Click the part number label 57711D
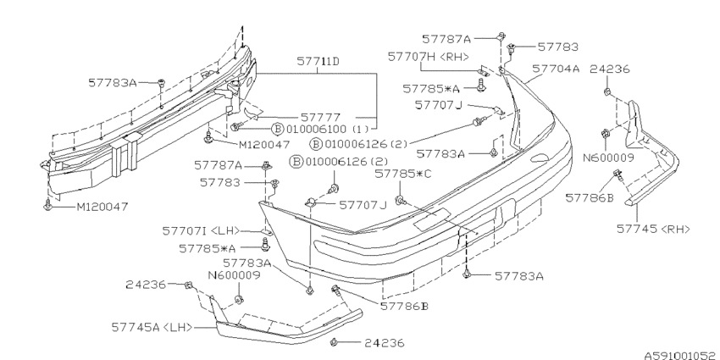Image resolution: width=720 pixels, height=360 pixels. (318, 61)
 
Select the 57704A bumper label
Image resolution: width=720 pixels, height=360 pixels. (556, 69)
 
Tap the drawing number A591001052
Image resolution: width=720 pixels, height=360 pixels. (682, 354)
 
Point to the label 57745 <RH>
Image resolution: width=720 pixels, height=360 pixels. (653, 228)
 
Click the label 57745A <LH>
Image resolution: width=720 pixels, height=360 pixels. (152, 328)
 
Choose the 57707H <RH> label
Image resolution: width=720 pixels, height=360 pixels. (429, 57)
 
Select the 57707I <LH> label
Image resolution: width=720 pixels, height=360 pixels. (201, 230)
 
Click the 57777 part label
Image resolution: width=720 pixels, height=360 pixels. (320, 118)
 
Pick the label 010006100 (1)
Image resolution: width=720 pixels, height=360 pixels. (326, 129)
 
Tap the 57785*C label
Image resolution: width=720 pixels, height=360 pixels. (402, 174)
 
